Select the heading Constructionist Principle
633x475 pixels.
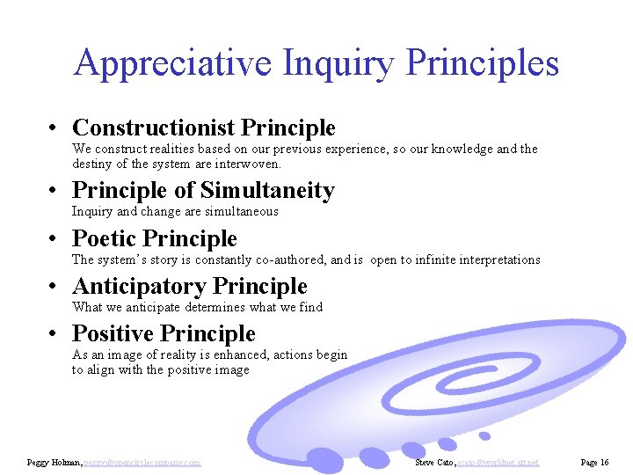[x=203, y=128]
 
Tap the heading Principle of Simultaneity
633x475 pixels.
[x=203, y=191]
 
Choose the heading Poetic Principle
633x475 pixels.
[x=155, y=238]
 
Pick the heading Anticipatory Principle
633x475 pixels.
[x=190, y=286]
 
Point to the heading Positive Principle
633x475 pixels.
[x=164, y=333]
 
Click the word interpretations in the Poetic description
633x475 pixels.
[x=499, y=259]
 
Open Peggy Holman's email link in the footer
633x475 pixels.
[x=142, y=462]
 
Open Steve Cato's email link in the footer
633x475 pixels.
[x=498, y=462]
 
